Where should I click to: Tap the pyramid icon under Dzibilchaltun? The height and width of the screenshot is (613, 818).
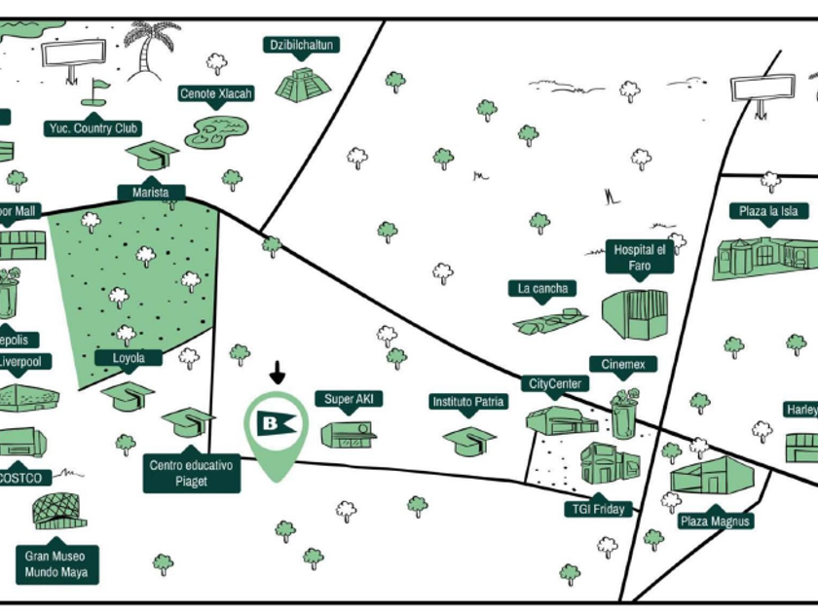(303, 85)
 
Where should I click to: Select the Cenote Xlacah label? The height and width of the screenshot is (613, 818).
(216, 94)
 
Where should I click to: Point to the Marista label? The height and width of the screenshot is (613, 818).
(151, 193)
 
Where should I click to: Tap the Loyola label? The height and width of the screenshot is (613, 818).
(129, 358)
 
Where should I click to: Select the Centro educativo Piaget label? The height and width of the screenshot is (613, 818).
(192, 473)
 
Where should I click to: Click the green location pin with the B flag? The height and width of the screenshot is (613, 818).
(276, 428)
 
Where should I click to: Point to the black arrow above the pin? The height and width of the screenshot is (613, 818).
(278, 372)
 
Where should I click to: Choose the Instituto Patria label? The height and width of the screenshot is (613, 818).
(468, 402)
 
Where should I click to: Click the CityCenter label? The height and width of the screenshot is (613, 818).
(555, 384)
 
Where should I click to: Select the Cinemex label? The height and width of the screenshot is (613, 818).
(623, 365)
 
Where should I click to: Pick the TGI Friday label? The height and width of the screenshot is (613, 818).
(599, 509)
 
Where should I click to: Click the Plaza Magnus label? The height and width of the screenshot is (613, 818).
(717, 522)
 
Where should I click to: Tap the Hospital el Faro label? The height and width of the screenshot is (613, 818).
(639, 257)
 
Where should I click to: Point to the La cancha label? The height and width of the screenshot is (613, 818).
(543, 289)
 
